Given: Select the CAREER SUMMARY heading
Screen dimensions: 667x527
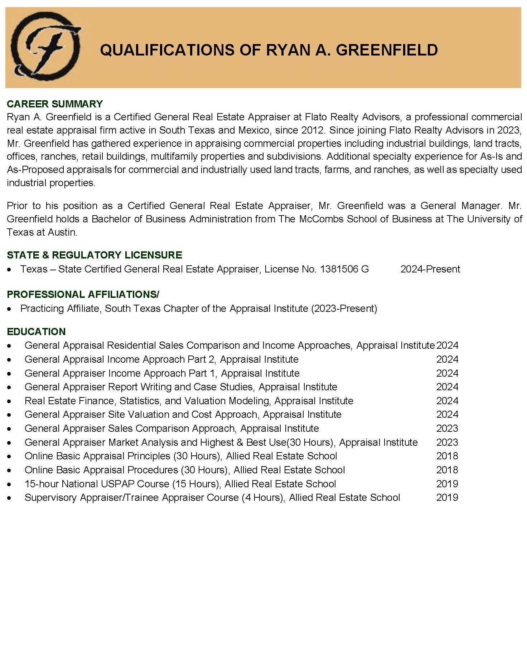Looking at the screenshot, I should [55, 104].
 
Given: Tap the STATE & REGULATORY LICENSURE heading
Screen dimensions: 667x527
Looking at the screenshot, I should [95, 255].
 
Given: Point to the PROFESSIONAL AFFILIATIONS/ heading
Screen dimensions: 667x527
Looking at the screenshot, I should [83, 294].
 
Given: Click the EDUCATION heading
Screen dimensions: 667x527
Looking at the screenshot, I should [36, 332].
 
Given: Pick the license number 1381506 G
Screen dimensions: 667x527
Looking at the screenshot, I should [344, 269].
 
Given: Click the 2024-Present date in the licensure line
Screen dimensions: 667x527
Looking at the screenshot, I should [430, 269].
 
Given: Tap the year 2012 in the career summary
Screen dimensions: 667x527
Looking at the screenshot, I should [313, 130].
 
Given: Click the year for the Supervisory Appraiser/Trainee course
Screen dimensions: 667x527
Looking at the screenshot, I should [447, 498].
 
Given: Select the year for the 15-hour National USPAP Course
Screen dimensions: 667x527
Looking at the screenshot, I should [447, 484].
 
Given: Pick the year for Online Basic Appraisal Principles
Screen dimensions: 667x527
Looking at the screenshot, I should [447, 456].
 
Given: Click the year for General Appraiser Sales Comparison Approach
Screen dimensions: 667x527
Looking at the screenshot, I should [447, 429].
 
